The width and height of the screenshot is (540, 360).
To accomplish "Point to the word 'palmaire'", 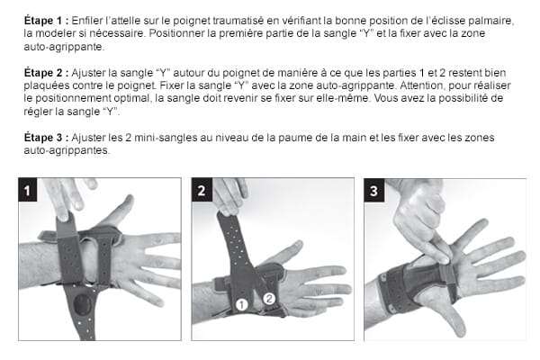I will click(490, 20).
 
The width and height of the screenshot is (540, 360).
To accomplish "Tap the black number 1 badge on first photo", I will click(29, 190).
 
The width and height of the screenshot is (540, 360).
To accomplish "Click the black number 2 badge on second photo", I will click(202, 190).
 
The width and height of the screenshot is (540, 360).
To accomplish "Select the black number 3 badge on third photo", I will click(375, 190).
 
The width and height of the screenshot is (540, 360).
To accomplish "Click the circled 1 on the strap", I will click(241, 305).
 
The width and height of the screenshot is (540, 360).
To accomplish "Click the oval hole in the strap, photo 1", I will click(83, 303).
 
